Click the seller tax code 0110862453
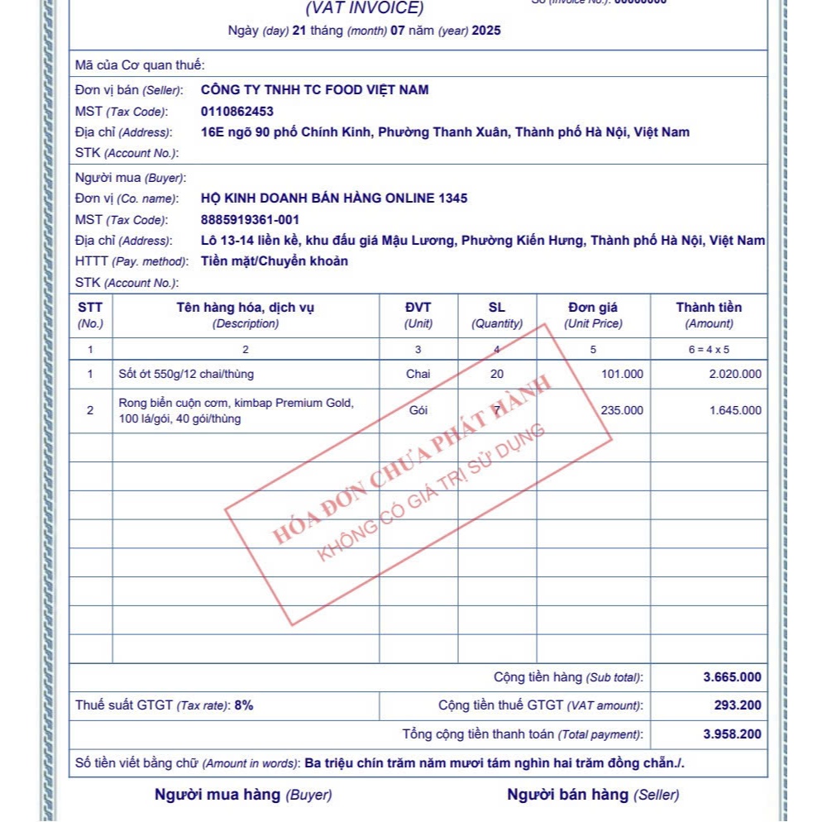[237, 111]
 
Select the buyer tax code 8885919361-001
[250, 220]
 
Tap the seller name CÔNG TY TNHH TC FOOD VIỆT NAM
[315, 90]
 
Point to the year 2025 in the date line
[488, 31]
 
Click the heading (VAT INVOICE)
[365, 9]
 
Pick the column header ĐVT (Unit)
[418, 315]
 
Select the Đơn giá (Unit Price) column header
[593, 315]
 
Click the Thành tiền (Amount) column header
[709, 315]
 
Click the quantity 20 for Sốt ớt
[496, 374]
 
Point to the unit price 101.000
[622, 374]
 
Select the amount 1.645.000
[735, 410]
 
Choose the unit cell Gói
[418, 410]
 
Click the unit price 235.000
[622, 410]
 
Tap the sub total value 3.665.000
[732, 677]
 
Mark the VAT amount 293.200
[738, 705]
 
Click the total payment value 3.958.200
[732, 734]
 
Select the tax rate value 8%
[244, 705]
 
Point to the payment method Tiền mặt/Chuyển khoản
[275, 261]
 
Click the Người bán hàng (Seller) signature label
[593, 795]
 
